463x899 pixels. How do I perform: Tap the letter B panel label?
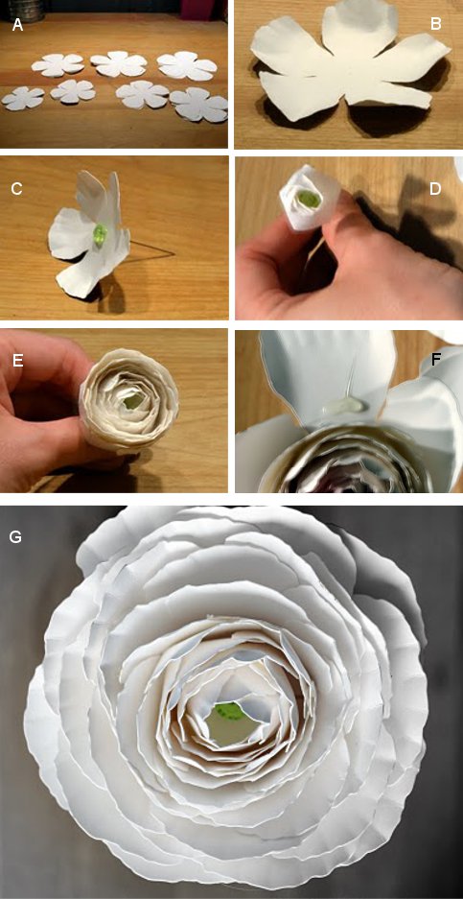click(435, 24)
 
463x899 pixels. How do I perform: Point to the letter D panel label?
click(436, 190)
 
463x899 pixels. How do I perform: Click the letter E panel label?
click(17, 360)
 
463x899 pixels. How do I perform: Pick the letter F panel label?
click(437, 361)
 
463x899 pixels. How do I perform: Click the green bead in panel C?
click(101, 235)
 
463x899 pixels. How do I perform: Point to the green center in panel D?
click(310, 199)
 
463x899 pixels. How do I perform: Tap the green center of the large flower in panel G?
click(229, 713)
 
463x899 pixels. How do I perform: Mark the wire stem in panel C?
click(150, 253)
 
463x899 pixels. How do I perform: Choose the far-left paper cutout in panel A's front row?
click(24, 98)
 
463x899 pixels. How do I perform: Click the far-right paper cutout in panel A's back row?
click(187, 65)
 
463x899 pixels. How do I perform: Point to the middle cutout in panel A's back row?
click(119, 63)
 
